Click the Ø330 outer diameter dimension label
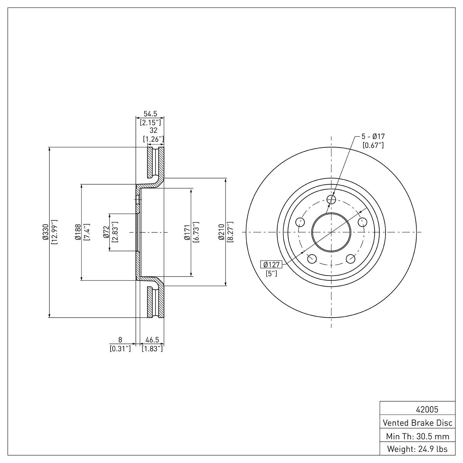coord(45,232)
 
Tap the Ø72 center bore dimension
coord(106,232)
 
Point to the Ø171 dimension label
coord(187,232)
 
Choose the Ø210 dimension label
coord(221,232)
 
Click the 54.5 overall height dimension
coord(150,114)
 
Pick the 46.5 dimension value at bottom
coord(152,340)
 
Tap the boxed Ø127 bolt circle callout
coord(271,265)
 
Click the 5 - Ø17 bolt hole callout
coord(373,136)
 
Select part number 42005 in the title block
coord(427,410)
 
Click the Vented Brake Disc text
coord(417,423)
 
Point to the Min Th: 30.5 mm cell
coord(417,436)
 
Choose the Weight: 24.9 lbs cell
coord(417,449)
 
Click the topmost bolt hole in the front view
coord(331,199)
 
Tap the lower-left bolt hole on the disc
coord(312,259)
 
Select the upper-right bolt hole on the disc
coord(362,222)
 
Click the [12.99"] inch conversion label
coord(54,232)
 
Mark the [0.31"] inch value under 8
coord(120,349)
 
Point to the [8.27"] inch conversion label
coord(230,232)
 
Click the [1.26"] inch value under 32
coord(153,139)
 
